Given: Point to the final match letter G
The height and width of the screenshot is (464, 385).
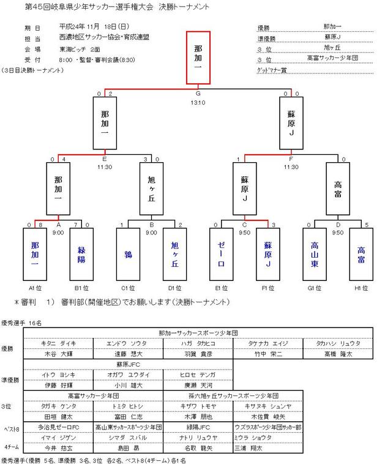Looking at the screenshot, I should coord(198,94).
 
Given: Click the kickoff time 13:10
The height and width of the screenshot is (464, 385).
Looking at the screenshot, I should coord(198,102).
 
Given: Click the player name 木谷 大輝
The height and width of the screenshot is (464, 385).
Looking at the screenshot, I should coord(58,354).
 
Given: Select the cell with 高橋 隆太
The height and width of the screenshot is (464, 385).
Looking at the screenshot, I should coord(338,354).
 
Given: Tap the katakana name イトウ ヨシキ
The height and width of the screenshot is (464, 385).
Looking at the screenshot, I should coord(58,375).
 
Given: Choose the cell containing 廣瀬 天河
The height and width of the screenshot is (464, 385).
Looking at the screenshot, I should coord(198,385).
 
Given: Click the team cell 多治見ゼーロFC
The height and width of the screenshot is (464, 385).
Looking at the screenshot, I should coord(58,426).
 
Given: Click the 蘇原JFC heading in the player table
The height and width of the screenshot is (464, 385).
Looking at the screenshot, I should coord(128,364).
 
